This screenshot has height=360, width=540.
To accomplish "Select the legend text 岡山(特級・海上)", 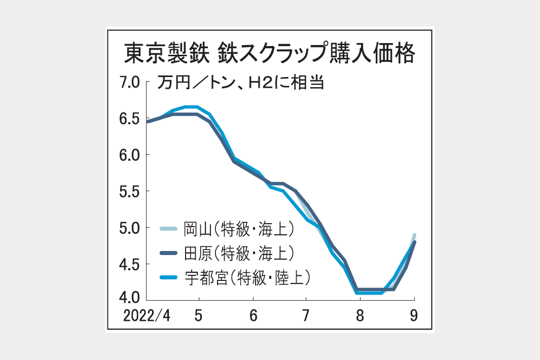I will [238, 229].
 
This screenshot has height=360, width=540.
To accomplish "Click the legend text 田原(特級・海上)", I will [238, 253].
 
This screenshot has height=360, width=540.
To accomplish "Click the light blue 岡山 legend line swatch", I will [168, 229].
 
